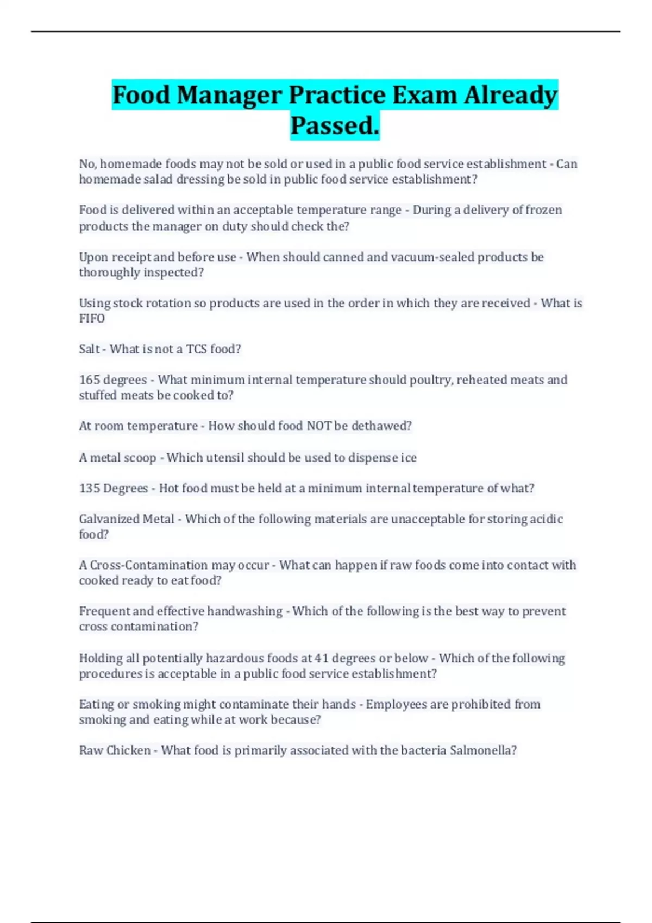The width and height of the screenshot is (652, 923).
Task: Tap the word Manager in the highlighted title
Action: click(229, 95)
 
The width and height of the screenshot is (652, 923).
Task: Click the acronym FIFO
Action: click(92, 319)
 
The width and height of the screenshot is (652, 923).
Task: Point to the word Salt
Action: click(89, 349)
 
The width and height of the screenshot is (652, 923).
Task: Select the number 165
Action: click(90, 380)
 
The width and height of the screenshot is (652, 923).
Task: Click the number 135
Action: click(90, 489)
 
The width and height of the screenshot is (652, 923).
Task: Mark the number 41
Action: click(321, 659)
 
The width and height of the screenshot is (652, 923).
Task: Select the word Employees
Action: click(396, 705)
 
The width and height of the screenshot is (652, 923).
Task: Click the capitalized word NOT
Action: click(319, 426)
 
